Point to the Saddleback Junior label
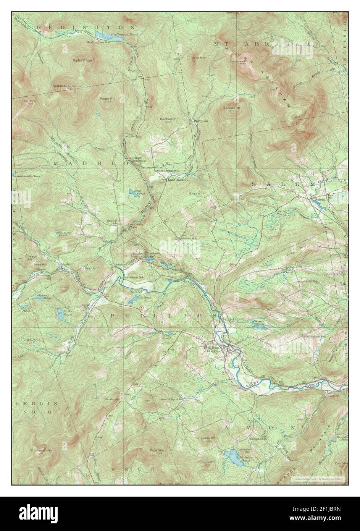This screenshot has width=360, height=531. (68, 86)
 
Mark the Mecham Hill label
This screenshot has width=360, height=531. (169, 119)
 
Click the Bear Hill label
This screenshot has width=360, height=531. (91, 269)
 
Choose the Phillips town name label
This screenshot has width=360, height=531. (211, 348)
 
